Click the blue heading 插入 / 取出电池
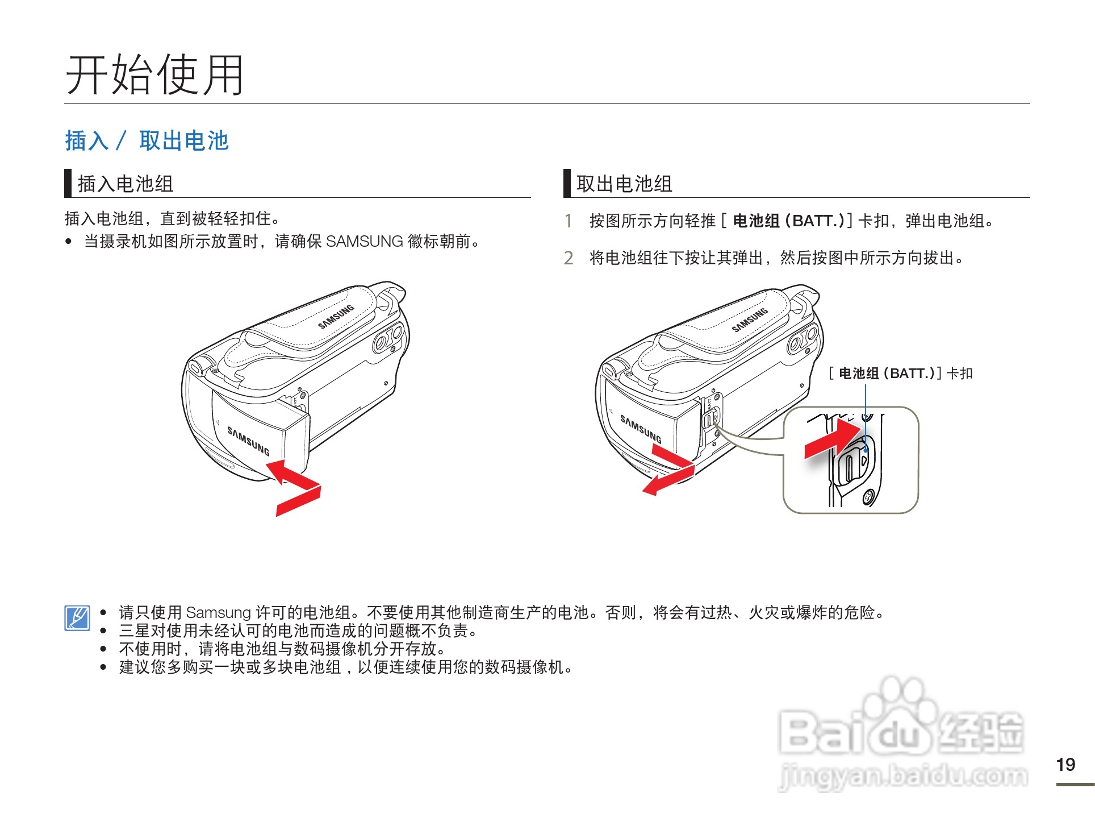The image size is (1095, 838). click(147, 140)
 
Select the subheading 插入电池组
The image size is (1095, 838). click(125, 184)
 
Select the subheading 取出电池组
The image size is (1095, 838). click(624, 184)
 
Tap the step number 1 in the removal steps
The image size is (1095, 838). click(568, 221)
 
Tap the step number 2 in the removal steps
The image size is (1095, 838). click(568, 258)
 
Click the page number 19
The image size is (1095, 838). click(1065, 765)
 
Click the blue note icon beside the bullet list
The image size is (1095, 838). click(77, 618)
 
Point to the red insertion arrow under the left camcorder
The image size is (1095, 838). click(295, 487)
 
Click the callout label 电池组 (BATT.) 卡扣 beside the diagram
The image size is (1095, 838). click(901, 374)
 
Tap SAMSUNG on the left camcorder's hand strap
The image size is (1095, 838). click(336, 317)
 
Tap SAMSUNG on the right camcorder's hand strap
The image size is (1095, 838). click(750, 320)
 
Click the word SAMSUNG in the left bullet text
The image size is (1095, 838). click(364, 242)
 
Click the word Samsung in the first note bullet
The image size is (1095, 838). click(218, 613)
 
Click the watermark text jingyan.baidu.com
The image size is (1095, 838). click(903, 777)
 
